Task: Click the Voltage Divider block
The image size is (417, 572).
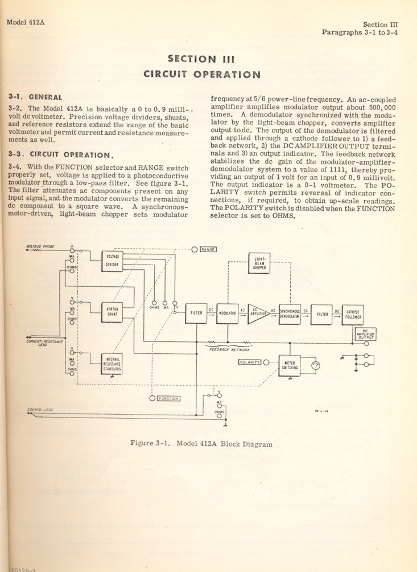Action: pyautogui.click(x=113, y=261)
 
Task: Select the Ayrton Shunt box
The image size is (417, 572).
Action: pyautogui.click(x=113, y=310)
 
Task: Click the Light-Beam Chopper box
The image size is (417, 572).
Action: pyautogui.click(x=259, y=263)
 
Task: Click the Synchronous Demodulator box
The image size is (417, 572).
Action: pyautogui.click(x=290, y=313)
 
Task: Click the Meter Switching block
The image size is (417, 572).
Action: pyautogui.click(x=289, y=365)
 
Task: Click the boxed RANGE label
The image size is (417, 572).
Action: pyautogui.click(x=208, y=249)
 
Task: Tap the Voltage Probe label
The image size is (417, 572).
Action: pyautogui.click(x=40, y=246)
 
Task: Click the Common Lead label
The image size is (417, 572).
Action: pyautogui.click(x=39, y=409)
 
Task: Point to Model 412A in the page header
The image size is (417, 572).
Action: pyautogui.click(x=25, y=23)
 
